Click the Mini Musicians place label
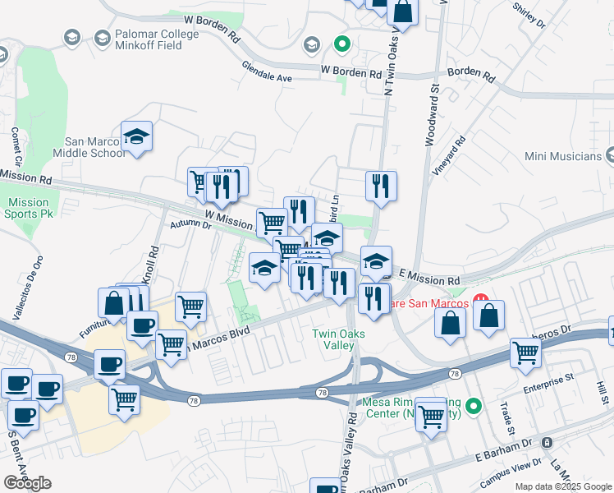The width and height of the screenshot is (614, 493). [x=564, y=155]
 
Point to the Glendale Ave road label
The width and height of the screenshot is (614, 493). [x=267, y=71]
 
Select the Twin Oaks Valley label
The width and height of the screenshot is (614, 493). [x=333, y=339]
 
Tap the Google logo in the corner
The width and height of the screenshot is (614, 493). [x=27, y=483]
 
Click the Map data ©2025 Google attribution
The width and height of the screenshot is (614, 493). [x=562, y=486]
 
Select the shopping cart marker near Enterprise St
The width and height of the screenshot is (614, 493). [x=525, y=353]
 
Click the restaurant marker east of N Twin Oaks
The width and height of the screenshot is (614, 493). [x=381, y=187]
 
